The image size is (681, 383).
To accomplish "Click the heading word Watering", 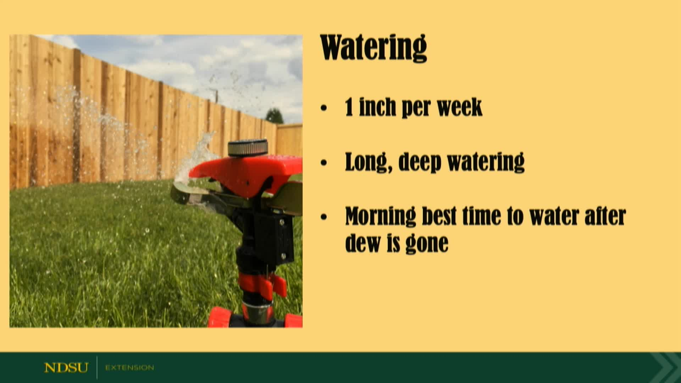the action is pyautogui.click(x=373, y=48).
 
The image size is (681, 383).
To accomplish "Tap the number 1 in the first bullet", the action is pyautogui.click(x=349, y=107).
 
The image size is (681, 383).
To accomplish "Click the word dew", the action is pyautogui.click(x=363, y=243).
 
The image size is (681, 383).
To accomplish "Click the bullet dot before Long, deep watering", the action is pyautogui.click(x=323, y=163).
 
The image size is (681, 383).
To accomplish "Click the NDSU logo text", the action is pyautogui.click(x=66, y=368).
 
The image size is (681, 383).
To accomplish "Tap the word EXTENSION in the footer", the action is pyautogui.click(x=129, y=368).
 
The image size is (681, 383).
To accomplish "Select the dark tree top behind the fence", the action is pyautogui.click(x=274, y=116).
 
